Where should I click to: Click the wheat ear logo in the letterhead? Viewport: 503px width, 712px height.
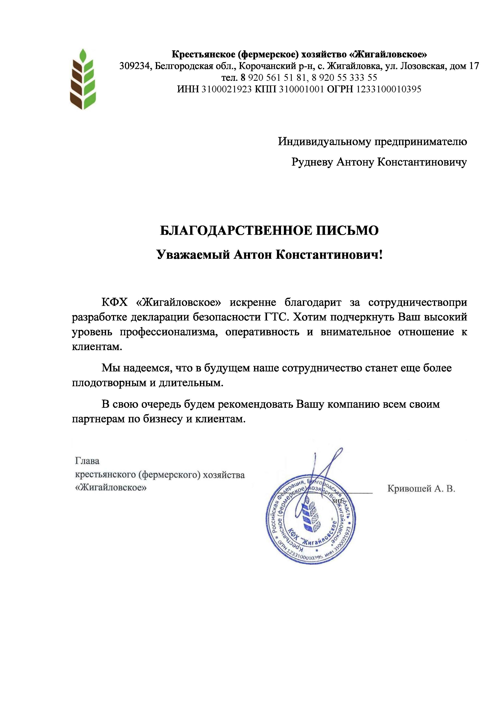point(82,79)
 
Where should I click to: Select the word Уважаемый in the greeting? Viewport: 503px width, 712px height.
point(193,255)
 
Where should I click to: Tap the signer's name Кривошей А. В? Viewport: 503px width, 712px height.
point(421,489)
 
